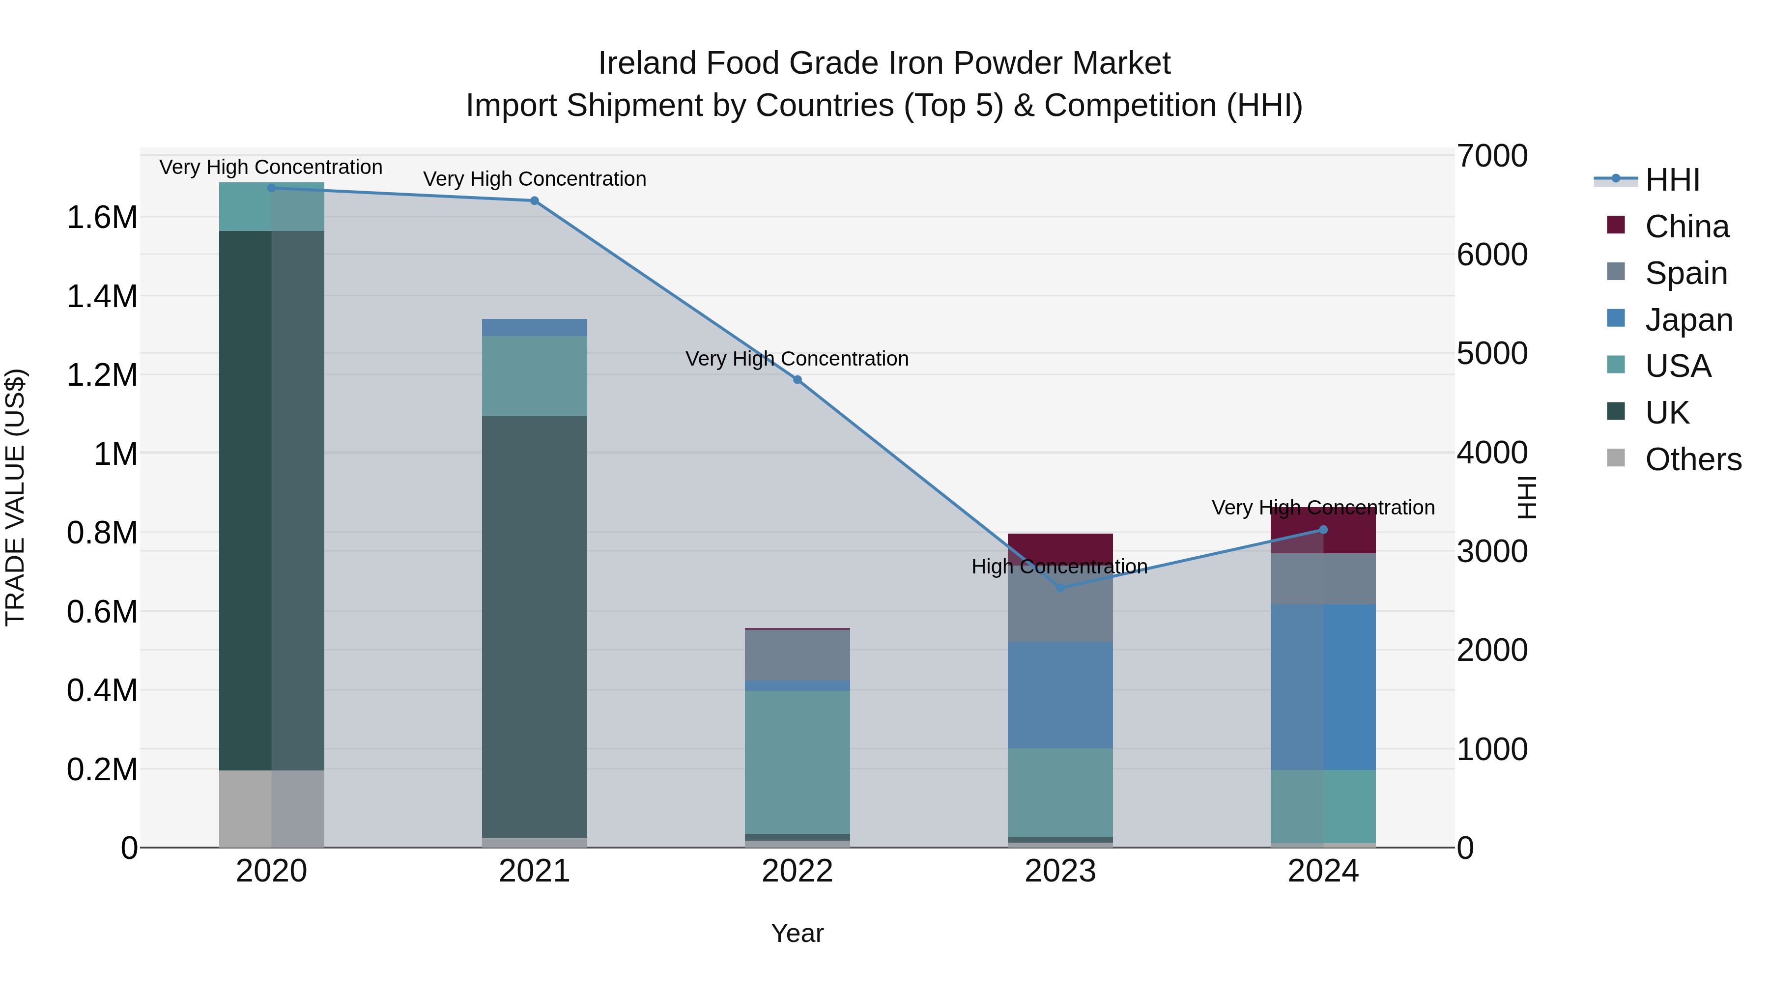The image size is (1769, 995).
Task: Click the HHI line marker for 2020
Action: point(271,188)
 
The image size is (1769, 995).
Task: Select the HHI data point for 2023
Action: point(1060,588)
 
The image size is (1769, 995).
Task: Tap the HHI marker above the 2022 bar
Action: point(798,380)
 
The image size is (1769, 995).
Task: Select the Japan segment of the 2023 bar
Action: point(1060,695)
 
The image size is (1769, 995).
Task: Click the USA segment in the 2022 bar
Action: point(798,762)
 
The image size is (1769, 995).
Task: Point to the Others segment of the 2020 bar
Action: point(271,808)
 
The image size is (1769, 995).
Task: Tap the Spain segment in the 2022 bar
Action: point(798,655)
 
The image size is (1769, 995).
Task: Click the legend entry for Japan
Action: point(1688,320)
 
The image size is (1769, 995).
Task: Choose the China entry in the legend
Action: point(1686,227)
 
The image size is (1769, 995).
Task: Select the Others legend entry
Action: point(1693,459)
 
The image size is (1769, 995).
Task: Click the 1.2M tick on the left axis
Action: point(102,375)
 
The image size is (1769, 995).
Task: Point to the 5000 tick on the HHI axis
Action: point(1492,354)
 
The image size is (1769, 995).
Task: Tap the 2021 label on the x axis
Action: point(534,871)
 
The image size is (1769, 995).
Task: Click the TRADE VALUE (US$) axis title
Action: point(15,497)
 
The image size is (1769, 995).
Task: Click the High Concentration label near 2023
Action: point(1059,567)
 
